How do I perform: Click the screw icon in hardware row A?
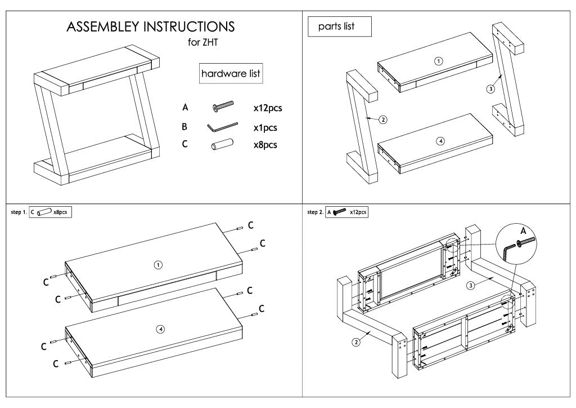pyautogui.click(x=223, y=106)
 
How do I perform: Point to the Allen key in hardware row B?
pyautogui.click(x=222, y=127)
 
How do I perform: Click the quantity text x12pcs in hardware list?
pyautogui.click(x=271, y=107)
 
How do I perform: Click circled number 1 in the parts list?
pyautogui.click(x=439, y=61)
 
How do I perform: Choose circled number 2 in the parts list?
pyautogui.click(x=383, y=119)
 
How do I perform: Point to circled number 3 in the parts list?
pyautogui.click(x=490, y=88)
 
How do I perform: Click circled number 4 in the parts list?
pyautogui.click(x=440, y=141)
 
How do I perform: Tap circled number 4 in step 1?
pyautogui.click(x=160, y=329)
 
